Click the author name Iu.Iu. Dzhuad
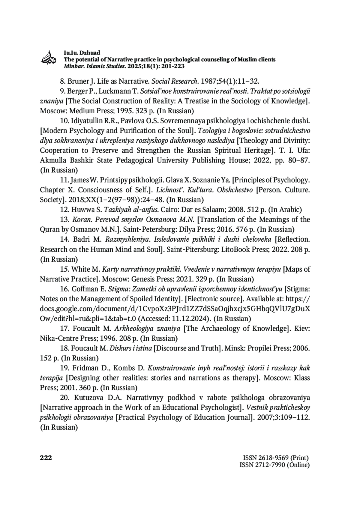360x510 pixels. coord(82,53)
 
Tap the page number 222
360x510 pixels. coord(46,458)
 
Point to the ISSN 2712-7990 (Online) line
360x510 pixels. coord(274,465)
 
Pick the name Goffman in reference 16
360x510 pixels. coord(84,289)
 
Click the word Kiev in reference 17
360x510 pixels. coord(302,329)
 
